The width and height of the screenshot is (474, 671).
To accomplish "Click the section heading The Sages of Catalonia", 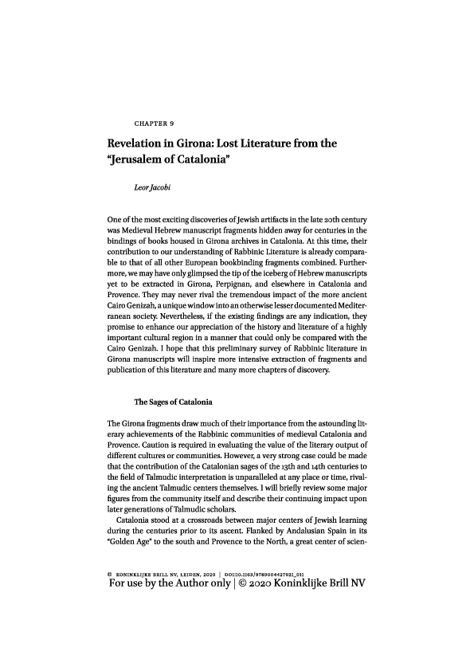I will click(173, 400).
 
